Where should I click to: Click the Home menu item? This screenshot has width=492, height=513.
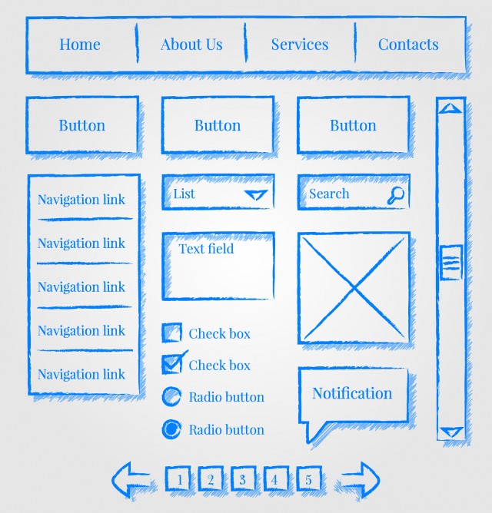pos(80,45)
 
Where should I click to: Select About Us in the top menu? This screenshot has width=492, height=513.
pos(191,45)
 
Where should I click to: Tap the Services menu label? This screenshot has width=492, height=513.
pos(299,45)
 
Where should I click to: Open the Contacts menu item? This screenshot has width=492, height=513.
pos(408,45)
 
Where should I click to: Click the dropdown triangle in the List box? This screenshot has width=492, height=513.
pos(256,194)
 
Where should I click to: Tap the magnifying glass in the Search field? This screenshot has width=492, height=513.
pos(396,195)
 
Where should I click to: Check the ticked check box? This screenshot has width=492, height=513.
pos(172,364)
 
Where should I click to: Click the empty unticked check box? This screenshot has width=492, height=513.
pos(172,333)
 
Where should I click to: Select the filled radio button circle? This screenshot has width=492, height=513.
pos(171,429)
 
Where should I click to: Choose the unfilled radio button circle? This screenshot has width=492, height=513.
pos(171,396)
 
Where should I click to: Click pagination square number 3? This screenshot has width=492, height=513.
pos(243,478)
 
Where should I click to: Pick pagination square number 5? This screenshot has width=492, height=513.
pos(309,478)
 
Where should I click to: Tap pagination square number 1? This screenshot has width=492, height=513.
pos(178,478)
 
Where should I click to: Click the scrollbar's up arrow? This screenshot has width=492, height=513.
pos(450,108)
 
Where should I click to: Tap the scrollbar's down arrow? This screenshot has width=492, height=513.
pos(452,432)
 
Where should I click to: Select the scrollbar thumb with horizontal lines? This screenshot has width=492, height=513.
pos(451,263)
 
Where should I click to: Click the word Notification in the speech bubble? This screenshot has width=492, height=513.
pos(352,393)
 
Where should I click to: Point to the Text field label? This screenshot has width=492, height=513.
pos(206,249)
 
